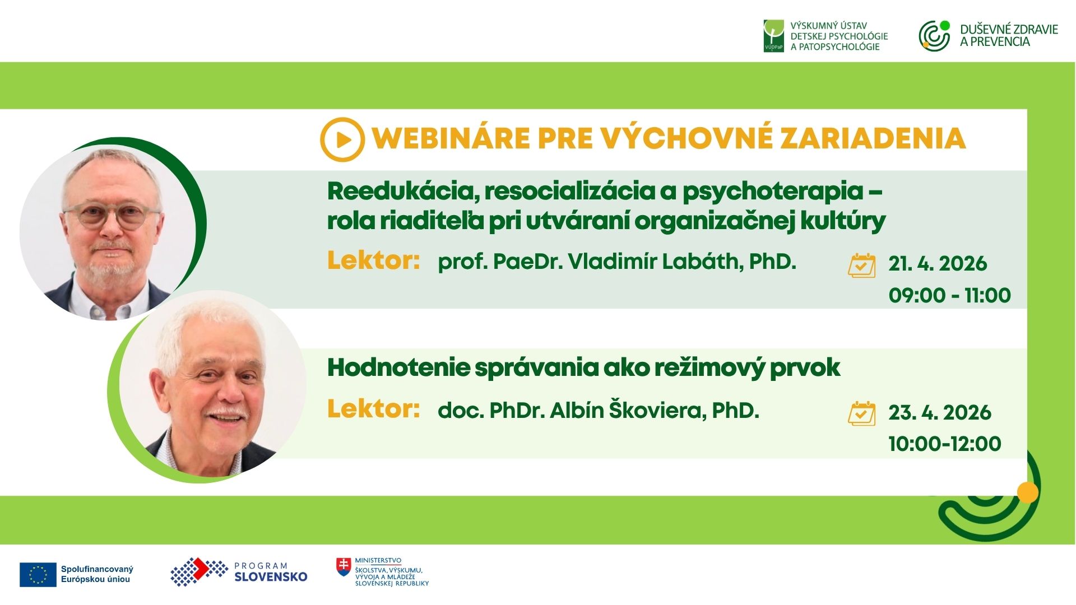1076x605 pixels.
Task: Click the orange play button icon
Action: pos(342,139)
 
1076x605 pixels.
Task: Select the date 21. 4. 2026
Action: pos(938,263)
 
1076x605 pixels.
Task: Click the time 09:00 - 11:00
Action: pos(950,295)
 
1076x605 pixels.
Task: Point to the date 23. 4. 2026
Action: pos(940,412)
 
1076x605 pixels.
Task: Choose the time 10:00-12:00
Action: pos(945,444)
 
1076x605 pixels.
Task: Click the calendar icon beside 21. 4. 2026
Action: pos(861,266)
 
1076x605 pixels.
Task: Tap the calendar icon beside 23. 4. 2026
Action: pos(861,413)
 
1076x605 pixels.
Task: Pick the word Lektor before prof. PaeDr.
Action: pos(373,260)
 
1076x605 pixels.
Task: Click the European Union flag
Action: pos(38,575)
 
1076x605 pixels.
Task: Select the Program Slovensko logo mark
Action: pos(199,572)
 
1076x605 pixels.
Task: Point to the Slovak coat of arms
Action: pos(344,567)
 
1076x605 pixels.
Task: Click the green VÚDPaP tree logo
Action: pos(773,36)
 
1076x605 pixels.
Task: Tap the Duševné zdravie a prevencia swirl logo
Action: pos(934,36)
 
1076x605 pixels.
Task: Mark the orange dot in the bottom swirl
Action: pos(1027,492)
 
